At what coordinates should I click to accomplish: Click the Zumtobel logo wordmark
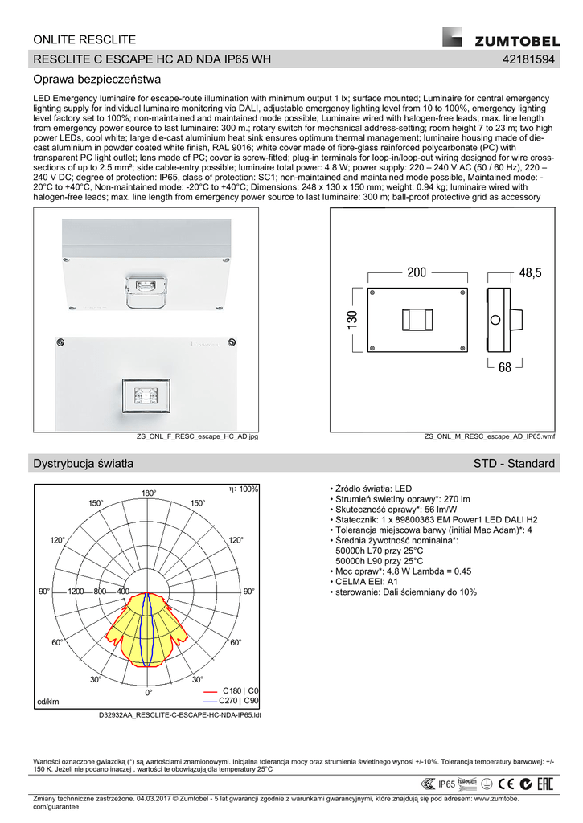click(515, 41)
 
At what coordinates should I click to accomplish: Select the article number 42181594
click(528, 60)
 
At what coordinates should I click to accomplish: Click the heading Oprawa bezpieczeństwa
click(97, 80)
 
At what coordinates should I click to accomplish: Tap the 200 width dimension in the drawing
click(417, 273)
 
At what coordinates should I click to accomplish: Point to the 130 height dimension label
click(351, 319)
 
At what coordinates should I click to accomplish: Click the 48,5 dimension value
click(531, 273)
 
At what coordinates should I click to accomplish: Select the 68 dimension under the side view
click(505, 367)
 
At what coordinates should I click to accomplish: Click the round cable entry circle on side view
click(495, 319)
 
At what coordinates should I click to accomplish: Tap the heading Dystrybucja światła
click(83, 464)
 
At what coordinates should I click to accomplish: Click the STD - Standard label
click(515, 464)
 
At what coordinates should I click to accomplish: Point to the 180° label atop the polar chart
click(149, 493)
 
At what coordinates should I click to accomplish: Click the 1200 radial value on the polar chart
click(76, 592)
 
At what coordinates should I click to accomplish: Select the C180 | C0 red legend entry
click(240, 691)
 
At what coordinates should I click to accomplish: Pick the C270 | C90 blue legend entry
click(240, 701)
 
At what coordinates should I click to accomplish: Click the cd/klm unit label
click(48, 702)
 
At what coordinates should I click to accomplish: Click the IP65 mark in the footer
click(446, 784)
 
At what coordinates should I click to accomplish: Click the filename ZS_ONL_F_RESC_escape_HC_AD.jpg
click(197, 436)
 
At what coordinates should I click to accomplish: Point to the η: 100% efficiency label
click(243, 489)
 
